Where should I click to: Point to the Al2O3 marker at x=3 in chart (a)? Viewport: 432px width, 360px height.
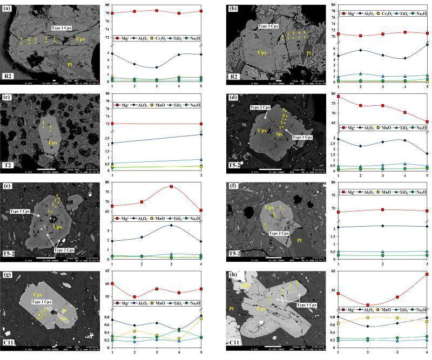[x=157, y=67]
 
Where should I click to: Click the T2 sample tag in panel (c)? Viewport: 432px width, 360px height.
[x=8, y=166]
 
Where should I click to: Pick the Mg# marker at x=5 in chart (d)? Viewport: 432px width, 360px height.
[x=427, y=121]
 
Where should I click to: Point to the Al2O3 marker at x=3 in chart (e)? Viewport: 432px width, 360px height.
[x=171, y=225]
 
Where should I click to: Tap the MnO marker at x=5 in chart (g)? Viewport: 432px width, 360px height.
[x=201, y=318]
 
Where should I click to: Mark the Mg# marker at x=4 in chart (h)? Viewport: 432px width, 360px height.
[x=427, y=274]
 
